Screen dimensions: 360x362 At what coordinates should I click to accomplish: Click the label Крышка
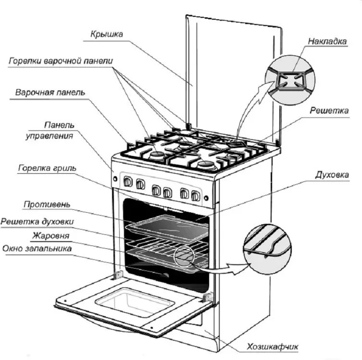[106, 35]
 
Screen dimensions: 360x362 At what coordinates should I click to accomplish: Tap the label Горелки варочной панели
[61, 62]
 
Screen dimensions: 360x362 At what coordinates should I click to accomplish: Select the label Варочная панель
[50, 92]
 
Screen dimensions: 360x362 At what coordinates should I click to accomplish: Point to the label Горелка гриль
[47, 168]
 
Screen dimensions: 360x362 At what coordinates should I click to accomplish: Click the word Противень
[47, 205]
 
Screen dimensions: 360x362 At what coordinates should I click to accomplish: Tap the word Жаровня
[51, 236]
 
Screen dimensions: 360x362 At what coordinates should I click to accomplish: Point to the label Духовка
[331, 174]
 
